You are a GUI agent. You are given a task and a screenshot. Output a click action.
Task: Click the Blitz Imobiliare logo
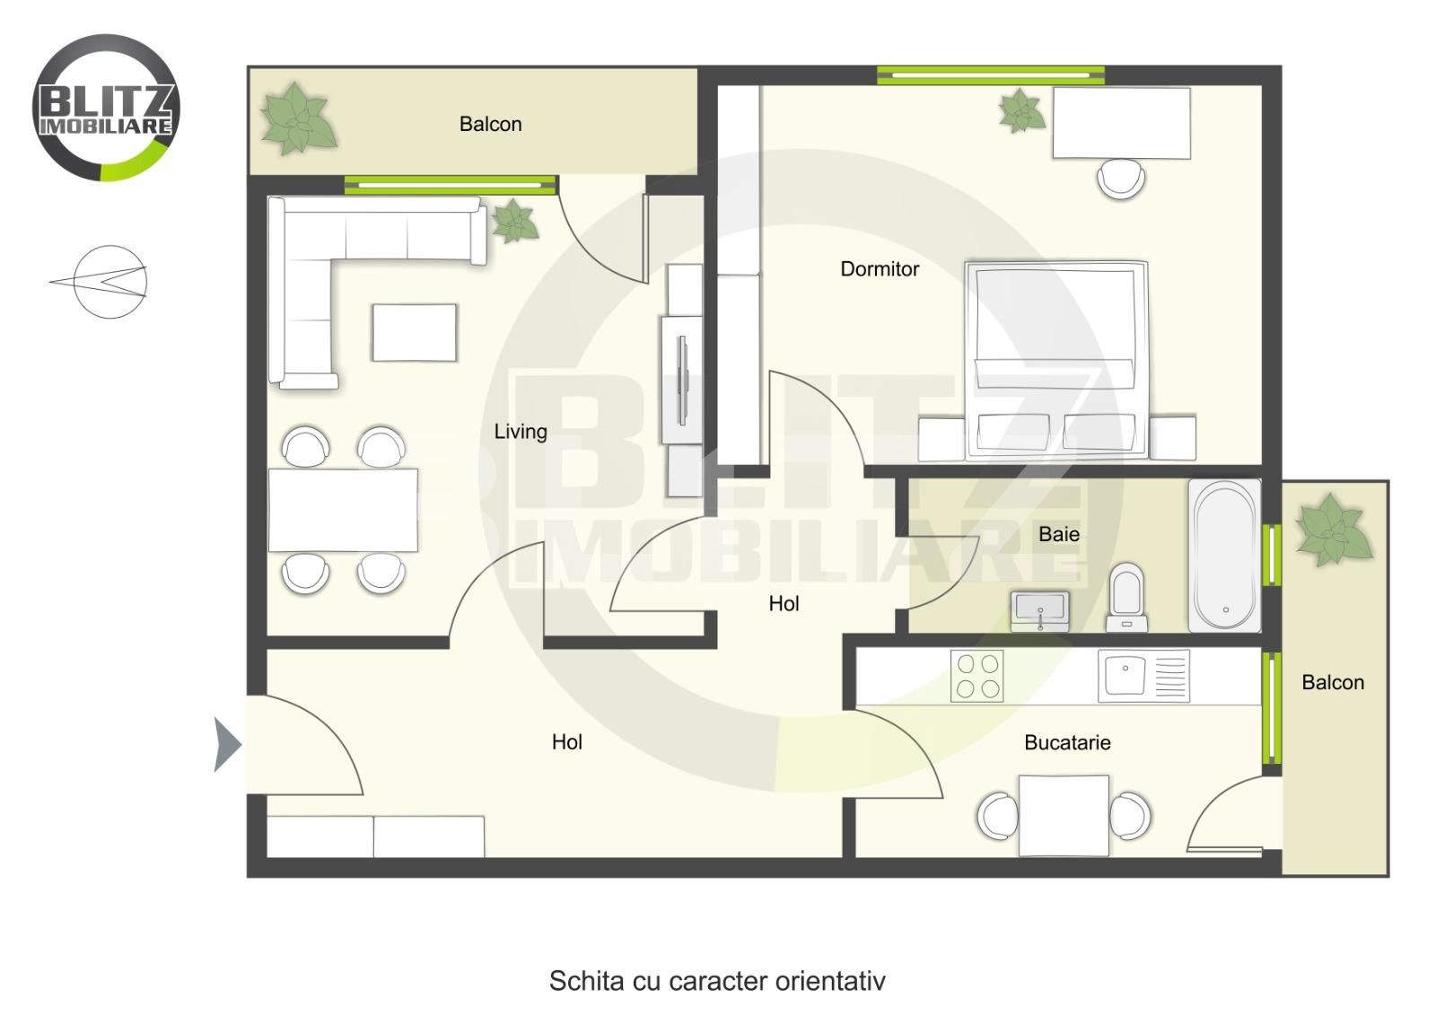tap(106, 108)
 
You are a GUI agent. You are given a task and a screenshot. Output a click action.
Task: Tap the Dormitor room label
tap(880, 268)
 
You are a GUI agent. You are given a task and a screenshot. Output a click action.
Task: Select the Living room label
tap(521, 432)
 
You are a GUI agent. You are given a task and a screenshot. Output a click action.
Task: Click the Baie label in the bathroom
tap(1059, 534)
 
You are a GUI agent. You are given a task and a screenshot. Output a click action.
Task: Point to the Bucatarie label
tap(1067, 742)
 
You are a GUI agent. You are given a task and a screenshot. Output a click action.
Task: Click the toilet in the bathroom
tap(1126, 598)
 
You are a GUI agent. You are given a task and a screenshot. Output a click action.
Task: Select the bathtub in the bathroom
tap(1224, 556)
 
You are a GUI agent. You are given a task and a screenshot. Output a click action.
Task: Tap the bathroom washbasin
tap(1040, 611)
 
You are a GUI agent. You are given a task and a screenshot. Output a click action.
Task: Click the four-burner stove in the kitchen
tap(977, 676)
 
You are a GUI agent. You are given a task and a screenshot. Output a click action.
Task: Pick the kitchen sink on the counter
tap(1143, 676)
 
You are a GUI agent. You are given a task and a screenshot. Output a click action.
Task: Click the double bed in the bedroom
tap(1056, 360)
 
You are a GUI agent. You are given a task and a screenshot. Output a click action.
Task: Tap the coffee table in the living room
tap(414, 333)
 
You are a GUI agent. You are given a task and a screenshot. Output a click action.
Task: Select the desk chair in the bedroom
tap(1121, 179)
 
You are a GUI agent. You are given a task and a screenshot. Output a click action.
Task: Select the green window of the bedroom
tap(991, 75)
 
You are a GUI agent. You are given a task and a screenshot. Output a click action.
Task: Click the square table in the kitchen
tap(1064, 815)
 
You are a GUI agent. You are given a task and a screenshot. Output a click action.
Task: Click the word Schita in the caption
tap(587, 981)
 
